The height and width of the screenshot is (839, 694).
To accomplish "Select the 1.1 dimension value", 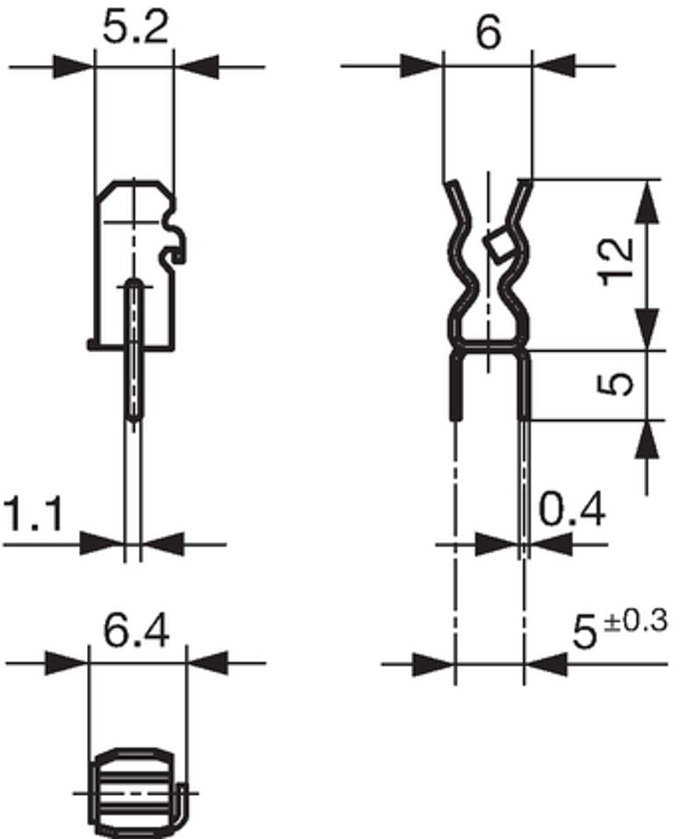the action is tap(33, 514).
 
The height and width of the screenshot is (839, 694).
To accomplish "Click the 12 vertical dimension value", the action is tap(617, 263).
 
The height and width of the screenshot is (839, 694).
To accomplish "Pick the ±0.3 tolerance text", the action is tap(636, 622).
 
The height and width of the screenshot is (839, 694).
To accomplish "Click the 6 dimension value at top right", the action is tap(488, 33).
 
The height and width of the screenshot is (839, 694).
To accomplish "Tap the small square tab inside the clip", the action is tap(496, 246).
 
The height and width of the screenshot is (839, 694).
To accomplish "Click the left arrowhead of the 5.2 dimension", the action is tap(72, 67).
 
